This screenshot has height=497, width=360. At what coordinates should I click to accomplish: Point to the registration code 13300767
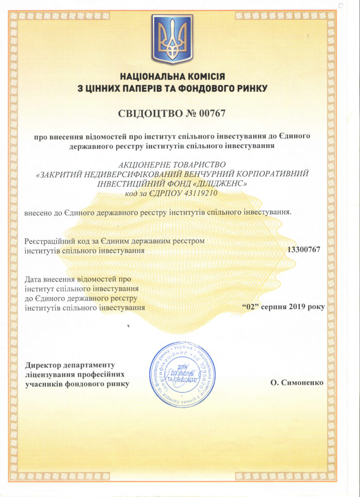click(304, 249)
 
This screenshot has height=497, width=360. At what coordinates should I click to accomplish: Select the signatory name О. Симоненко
click(297, 382)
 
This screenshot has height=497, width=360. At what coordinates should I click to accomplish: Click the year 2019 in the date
click(297, 307)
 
